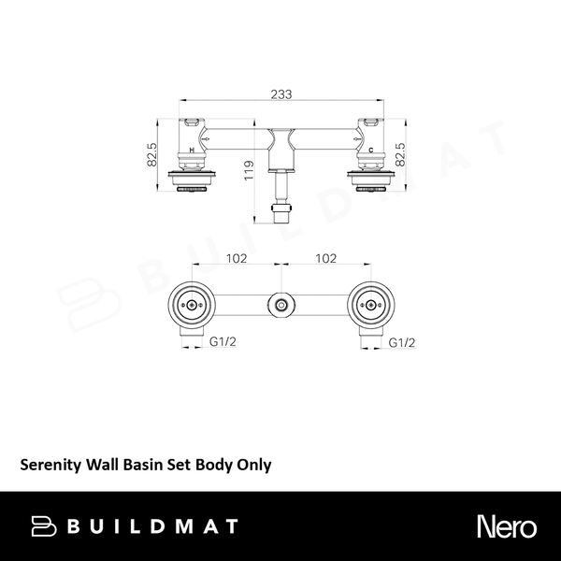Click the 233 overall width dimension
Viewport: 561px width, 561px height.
280,93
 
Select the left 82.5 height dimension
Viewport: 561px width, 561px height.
152,154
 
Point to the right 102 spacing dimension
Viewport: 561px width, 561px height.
326,259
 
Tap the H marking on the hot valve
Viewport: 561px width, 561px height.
192,150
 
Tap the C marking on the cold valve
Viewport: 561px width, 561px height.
371,150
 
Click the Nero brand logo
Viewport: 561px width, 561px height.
506,525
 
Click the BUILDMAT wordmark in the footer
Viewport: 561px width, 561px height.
151,526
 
